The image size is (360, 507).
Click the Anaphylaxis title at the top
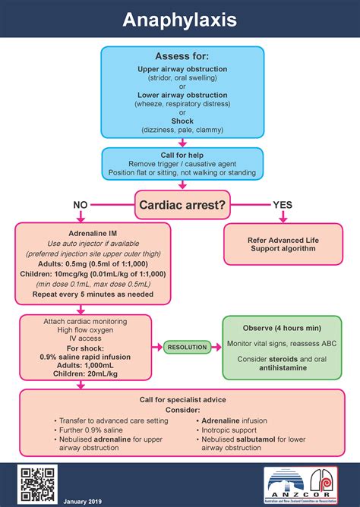(x=179, y=20)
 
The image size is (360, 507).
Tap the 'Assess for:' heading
(x=182, y=57)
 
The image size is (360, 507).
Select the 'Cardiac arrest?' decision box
(x=182, y=204)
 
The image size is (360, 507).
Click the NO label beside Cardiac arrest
(x=81, y=205)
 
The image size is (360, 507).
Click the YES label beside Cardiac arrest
(x=283, y=205)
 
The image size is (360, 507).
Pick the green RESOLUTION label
(x=186, y=347)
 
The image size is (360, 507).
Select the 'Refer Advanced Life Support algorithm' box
(x=282, y=244)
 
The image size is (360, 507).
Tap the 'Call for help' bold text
(x=182, y=154)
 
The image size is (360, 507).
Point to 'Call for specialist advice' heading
(x=182, y=399)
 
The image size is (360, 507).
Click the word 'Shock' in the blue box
(x=182, y=121)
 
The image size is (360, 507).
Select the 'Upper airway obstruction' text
(x=182, y=69)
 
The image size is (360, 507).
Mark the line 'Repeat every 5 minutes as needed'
(x=92, y=294)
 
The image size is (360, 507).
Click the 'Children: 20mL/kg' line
(x=92, y=374)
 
